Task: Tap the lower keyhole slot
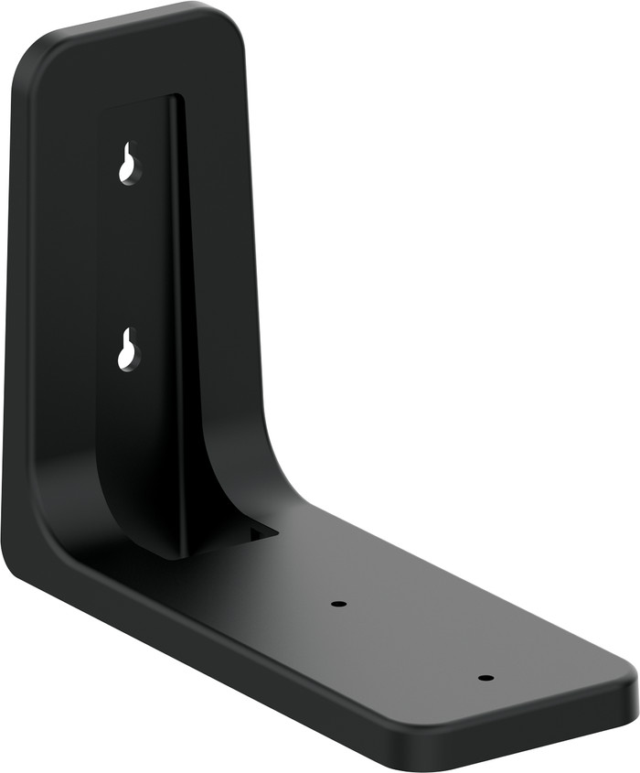[x=128, y=349]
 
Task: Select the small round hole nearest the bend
[x=338, y=604]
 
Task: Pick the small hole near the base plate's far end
[x=485, y=678]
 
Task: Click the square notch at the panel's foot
[x=261, y=531]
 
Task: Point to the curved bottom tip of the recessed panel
[x=174, y=553]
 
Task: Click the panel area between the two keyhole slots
[x=133, y=256]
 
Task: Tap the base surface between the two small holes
[x=411, y=640]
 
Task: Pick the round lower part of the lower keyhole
[x=127, y=359]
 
